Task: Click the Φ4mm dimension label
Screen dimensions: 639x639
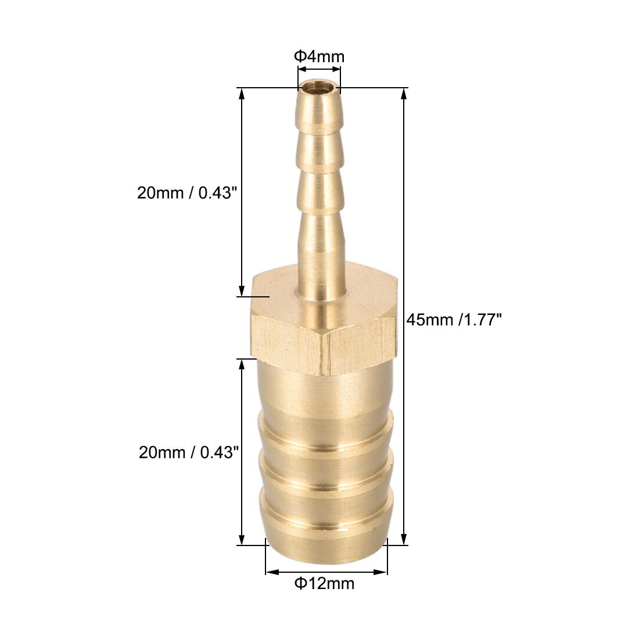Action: [x=319, y=56]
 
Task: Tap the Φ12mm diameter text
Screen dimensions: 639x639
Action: [x=324, y=583]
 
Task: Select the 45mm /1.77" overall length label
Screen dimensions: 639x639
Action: [x=454, y=319]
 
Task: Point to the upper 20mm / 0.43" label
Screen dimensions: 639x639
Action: [x=188, y=193]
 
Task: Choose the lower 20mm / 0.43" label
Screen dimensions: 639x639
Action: [x=189, y=451]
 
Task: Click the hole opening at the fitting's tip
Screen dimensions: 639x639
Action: [x=318, y=89]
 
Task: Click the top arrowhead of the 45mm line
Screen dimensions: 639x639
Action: [x=404, y=92]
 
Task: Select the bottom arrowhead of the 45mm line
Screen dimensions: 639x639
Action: [x=404, y=540]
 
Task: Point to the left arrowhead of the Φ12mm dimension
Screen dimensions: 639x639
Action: [x=269, y=572]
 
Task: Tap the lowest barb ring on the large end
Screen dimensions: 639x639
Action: [x=325, y=511]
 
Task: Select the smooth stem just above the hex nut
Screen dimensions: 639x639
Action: [x=322, y=279]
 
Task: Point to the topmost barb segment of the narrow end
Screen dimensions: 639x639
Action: [x=318, y=113]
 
